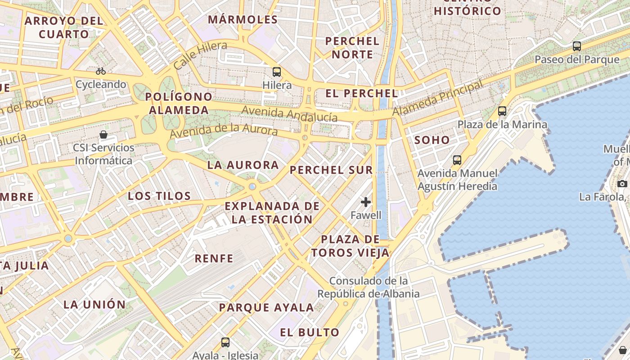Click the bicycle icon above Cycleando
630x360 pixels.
click(101, 71)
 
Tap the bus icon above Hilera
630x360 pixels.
click(277, 72)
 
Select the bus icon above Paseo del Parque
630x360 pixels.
click(577, 46)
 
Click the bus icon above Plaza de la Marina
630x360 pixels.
click(502, 111)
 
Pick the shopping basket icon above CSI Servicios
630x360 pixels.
click(103, 135)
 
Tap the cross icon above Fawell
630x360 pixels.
click(366, 202)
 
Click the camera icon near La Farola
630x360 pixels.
click(622, 184)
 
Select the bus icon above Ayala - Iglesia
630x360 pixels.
click(225, 342)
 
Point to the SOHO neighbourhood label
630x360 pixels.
click(432, 140)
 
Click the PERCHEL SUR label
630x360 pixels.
click(331, 170)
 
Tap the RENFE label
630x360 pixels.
click(214, 258)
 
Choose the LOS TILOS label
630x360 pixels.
click(159, 196)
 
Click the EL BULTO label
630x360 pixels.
click(310, 333)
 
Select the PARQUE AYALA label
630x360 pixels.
click(266, 308)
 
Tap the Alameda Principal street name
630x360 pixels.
click(437, 98)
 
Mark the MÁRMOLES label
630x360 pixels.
click(243, 20)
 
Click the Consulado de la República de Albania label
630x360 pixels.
click(369, 287)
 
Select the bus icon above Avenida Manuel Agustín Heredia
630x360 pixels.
click(457, 160)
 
